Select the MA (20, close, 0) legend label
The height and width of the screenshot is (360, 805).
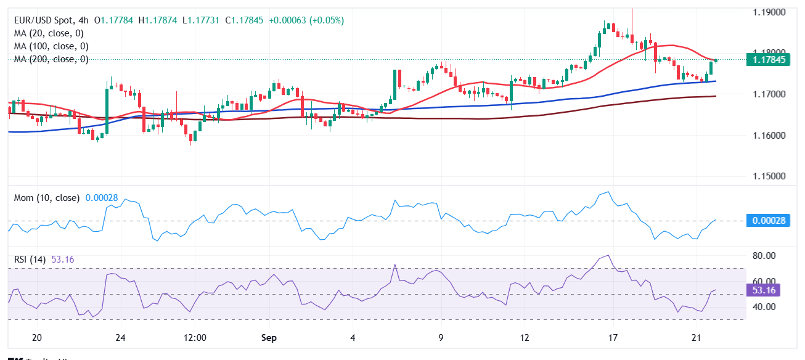tap(49, 33)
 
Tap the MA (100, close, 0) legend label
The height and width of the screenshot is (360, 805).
tap(51, 46)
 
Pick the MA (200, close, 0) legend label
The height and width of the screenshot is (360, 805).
tap(51, 59)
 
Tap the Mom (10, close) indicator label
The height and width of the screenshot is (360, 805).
tap(47, 198)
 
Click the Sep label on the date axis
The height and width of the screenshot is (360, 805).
tap(269, 338)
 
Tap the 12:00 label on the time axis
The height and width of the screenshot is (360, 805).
tap(195, 338)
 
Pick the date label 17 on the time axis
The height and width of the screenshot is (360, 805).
tap(613, 338)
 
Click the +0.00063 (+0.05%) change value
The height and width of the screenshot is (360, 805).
tap(307, 20)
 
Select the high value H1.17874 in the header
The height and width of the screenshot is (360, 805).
tap(158, 20)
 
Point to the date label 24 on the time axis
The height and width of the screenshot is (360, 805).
tap(120, 338)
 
